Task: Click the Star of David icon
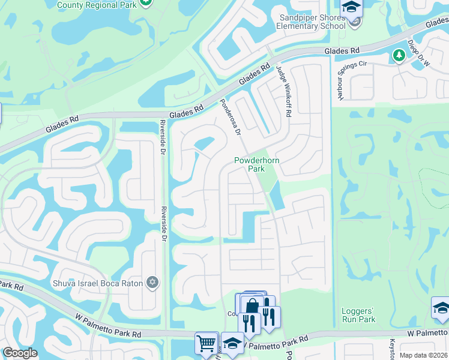[152, 282]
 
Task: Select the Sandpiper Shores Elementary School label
[312, 22]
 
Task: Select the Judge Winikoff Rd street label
[283, 90]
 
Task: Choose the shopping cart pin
[206, 343]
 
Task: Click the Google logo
[20, 353]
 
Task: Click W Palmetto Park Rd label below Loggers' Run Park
[427, 332]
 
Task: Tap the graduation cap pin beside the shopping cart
[232, 343]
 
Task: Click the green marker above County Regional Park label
[145, 2]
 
